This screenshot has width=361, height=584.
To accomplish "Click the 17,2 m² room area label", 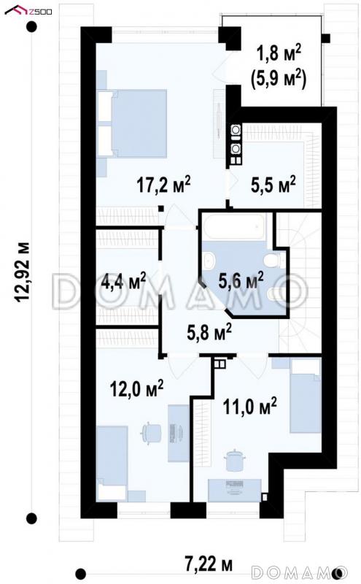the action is (x=164, y=185).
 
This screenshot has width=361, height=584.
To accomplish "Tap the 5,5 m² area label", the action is (x=273, y=185).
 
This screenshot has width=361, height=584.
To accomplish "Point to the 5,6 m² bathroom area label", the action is (x=241, y=280).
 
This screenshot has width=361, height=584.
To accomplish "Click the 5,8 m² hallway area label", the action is (x=209, y=331).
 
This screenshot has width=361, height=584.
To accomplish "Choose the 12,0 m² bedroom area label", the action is (x=136, y=388).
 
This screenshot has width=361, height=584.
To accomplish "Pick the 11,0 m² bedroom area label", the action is (x=249, y=406).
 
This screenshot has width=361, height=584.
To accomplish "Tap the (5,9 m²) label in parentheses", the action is (x=279, y=79).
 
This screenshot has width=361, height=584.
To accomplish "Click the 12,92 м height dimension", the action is (x=22, y=272).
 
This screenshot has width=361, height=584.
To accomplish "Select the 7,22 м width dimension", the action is (x=209, y=564).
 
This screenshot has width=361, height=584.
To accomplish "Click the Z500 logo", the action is (x=28, y=10).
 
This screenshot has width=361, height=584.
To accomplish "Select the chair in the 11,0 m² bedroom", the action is (x=234, y=461).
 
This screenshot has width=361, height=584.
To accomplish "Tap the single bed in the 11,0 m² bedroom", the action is (x=305, y=396).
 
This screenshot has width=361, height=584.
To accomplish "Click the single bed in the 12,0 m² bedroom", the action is (x=112, y=463).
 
